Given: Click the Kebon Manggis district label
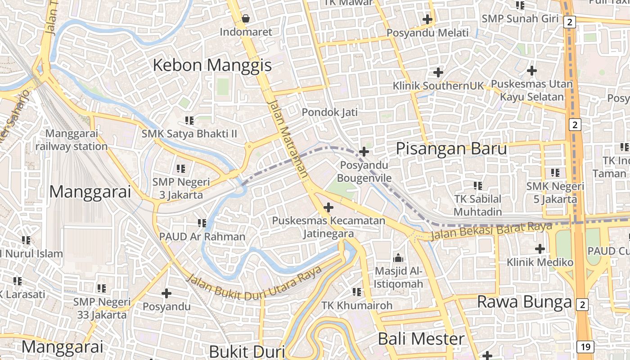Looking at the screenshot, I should (212, 65).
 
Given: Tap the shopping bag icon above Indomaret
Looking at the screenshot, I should (246, 18).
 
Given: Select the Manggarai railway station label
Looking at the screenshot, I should (72, 140).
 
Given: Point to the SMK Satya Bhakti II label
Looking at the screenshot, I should (189, 134).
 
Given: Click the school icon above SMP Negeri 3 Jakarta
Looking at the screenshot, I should (181, 169).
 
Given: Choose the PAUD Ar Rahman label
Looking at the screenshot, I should (202, 236).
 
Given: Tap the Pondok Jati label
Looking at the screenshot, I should (330, 112).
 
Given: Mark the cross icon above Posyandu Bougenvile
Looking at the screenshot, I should (364, 152).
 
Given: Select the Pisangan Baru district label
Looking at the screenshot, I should (451, 149).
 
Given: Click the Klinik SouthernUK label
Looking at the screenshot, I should (438, 85).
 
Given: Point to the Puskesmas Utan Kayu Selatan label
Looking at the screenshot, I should (532, 90).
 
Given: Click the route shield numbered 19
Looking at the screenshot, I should (585, 346).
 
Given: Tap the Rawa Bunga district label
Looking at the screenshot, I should (524, 302).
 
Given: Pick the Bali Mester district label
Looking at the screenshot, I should (421, 339).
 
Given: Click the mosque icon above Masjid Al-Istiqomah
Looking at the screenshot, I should (398, 258).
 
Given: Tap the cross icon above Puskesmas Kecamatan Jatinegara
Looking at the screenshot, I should (329, 207).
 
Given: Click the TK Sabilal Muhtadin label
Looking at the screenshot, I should (477, 205).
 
